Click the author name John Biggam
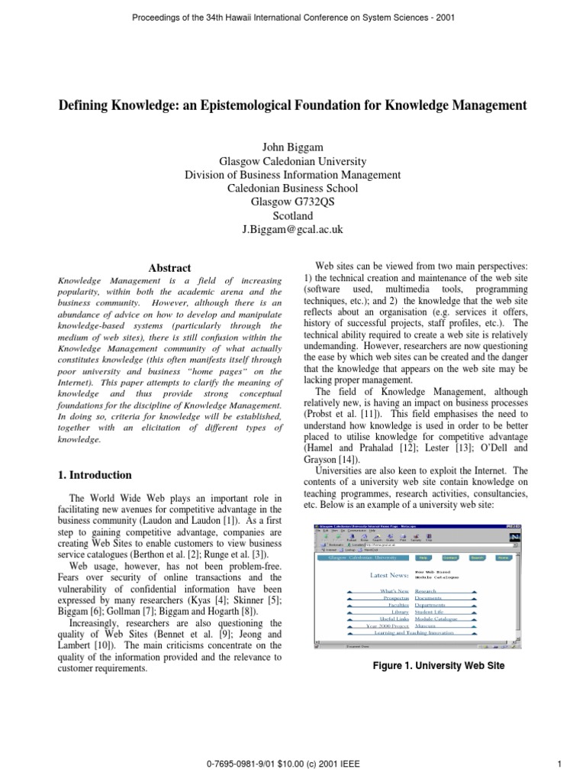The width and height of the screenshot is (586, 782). (x=292, y=147)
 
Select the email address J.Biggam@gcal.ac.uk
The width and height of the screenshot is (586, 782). (x=293, y=229)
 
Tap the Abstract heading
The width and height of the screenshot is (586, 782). (x=169, y=268)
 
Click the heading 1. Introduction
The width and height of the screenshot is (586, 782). (x=95, y=474)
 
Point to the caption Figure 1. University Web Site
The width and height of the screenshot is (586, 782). (x=439, y=665)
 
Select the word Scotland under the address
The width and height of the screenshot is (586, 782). (x=293, y=215)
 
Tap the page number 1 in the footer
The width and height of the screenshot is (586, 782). (x=559, y=763)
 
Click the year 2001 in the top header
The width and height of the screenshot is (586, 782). (x=443, y=18)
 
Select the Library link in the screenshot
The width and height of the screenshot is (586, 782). (x=401, y=612)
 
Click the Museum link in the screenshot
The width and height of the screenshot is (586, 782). (x=426, y=625)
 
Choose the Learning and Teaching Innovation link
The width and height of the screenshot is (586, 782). (x=414, y=632)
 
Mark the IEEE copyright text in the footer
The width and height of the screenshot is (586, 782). (x=294, y=763)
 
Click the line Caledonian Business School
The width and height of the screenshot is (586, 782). (x=293, y=188)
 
